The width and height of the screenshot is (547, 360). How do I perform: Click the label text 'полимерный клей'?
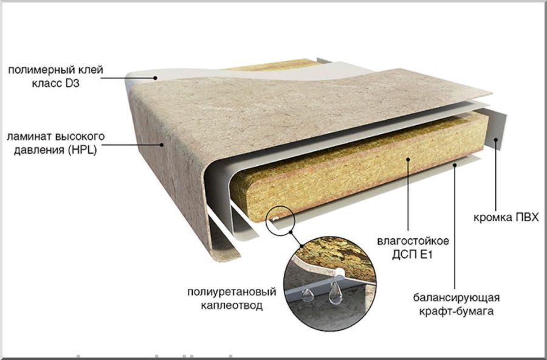[55, 70]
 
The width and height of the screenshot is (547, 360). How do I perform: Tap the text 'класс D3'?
[56, 84]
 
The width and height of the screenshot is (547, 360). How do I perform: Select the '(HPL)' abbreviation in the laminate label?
[82, 150]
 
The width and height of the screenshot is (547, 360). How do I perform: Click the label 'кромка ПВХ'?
[506, 218]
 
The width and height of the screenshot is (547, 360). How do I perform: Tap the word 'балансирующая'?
[456, 298]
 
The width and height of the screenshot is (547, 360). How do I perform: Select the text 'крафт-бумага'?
[456, 311]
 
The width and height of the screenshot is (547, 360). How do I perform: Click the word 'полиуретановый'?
[232, 292]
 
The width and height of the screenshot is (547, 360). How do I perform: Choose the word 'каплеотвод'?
[232, 306]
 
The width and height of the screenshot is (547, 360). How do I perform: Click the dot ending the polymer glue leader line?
[155, 78]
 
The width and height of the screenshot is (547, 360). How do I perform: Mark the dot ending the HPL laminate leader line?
[162, 144]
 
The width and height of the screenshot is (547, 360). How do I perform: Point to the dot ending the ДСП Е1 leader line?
[408, 159]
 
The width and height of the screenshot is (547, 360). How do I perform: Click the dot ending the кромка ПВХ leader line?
[496, 139]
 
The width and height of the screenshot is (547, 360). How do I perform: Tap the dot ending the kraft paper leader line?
[454, 165]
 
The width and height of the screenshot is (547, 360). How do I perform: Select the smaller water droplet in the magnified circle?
[307, 295]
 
